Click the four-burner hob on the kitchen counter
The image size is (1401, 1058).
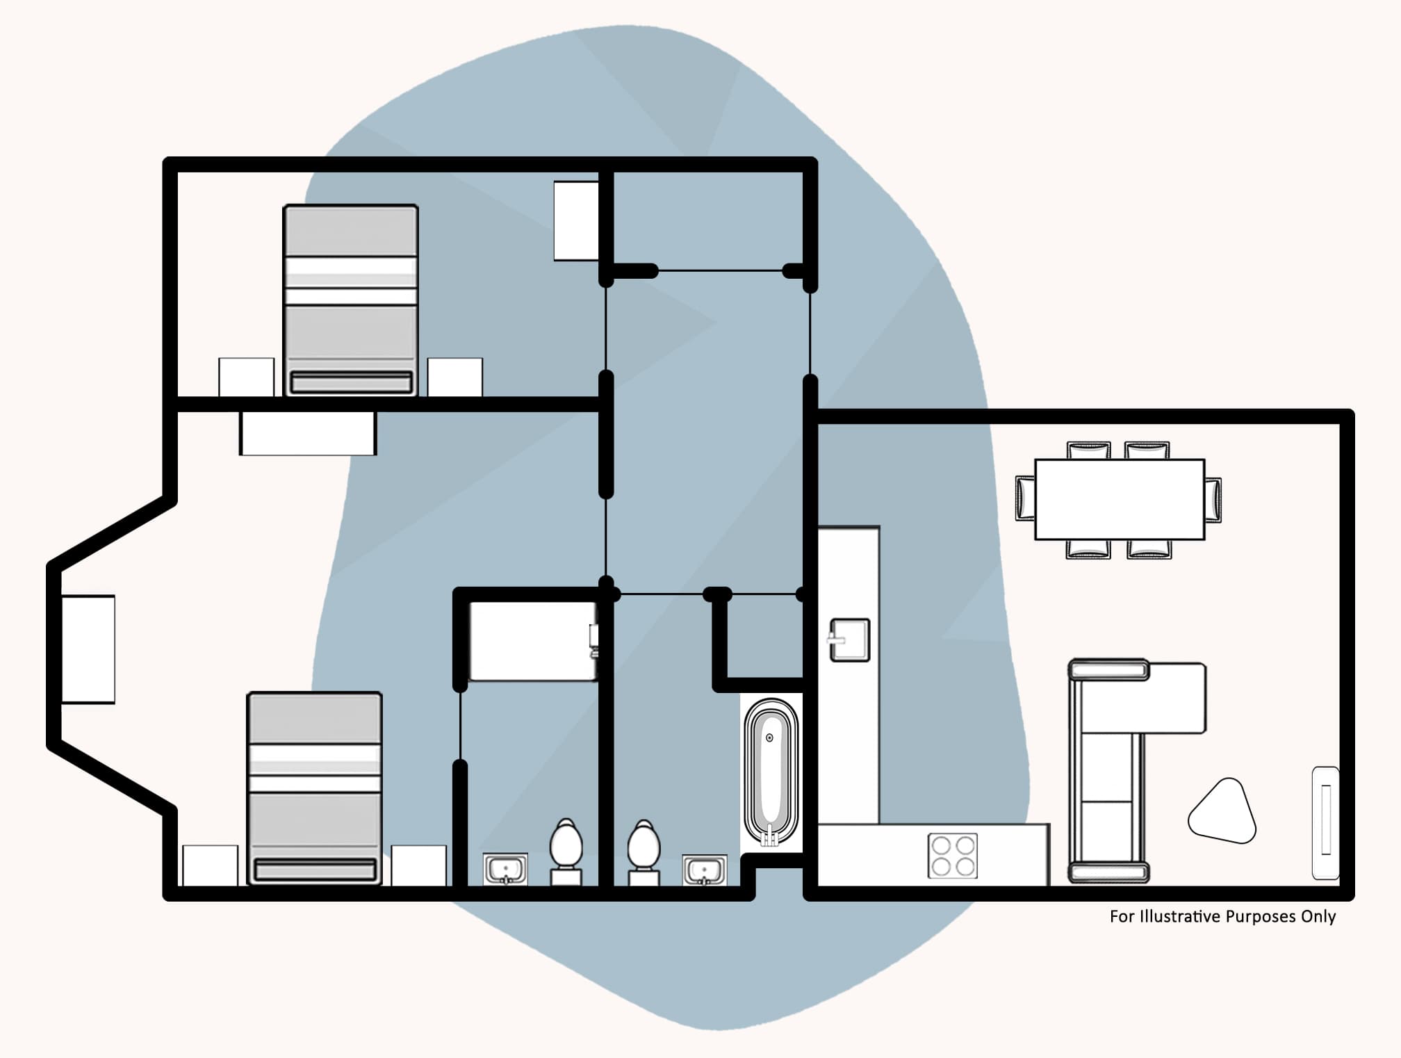coord(952,856)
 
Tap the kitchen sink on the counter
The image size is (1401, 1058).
coord(849,640)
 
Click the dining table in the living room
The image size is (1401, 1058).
coord(1119,499)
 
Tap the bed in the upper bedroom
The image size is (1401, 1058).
coord(351,300)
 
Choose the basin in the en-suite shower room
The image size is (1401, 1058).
coord(505,869)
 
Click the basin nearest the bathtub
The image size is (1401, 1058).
coord(704,870)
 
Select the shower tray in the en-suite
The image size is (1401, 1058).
coord(532,641)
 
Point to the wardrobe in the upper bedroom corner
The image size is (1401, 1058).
coord(576,221)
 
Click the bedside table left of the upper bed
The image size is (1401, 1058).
coord(246,377)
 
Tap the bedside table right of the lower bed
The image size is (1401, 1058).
coord(418,865)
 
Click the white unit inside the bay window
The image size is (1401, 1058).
coord(88,649)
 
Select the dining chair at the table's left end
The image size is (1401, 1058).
coord(1026,498)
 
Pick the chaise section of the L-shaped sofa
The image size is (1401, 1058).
coord(1174,697)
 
